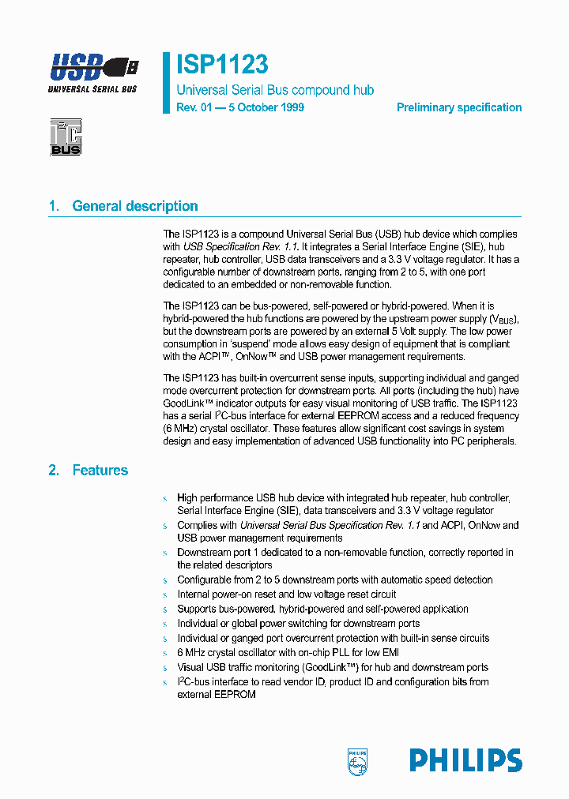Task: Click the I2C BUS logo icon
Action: click(66, 137)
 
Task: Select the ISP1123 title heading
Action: click(222, 64)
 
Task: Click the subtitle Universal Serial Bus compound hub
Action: click(275, 90)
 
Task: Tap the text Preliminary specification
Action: click(458, 107)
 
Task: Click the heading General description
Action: click(135, 206)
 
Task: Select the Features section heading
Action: click(100, 470)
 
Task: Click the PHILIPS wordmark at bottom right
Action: click(465, 760)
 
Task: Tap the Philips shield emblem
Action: click(358, 762)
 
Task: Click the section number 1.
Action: click(53, 206)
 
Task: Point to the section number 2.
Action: click(53, 470)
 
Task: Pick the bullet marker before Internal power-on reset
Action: click(165, 595)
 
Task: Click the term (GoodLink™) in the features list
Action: click(326, 667)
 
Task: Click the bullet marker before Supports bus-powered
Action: click(165, 610)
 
